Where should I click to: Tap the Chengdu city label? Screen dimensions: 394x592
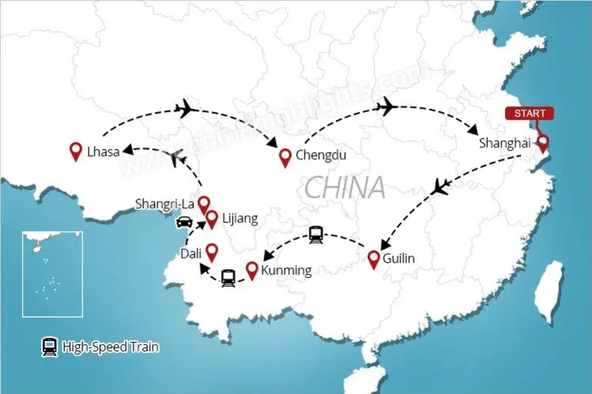pyautogui.click(x=320, y=156)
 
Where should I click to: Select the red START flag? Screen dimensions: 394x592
pyautogui.click(x=530, y=113)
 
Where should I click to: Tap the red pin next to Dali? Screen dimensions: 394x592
pyautogui.click(x=211, y=252)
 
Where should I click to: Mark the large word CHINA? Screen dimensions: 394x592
pyautogui.click(x=345, y=188)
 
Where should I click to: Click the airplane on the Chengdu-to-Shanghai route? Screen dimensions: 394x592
pyautogui.click(x=387, y=106)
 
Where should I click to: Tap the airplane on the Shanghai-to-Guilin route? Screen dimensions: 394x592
pyautogui.click(x=442, y=188)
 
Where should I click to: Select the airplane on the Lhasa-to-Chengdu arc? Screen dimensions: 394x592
pyautogui.click(x=188, y=108)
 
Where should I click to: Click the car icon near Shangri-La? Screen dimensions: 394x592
pyautogui.click(x=183, y=221)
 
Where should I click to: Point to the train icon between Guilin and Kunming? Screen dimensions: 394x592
pyautogui.click(x=317, y=233)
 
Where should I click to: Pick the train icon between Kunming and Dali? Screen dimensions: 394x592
pyautogui.click(x=229, y=277)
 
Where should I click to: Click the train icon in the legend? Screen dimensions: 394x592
pyautogui.click(x=49, y=345)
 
